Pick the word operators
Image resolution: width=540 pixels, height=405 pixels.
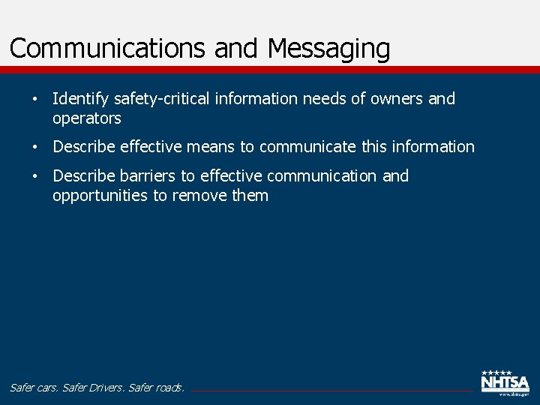[x=86, y=118]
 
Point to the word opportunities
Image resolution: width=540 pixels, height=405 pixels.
[x=100, y=196]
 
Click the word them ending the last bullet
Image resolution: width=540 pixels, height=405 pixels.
[x=250, y=196]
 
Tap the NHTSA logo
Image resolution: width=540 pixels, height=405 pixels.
[x=505, y=382]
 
